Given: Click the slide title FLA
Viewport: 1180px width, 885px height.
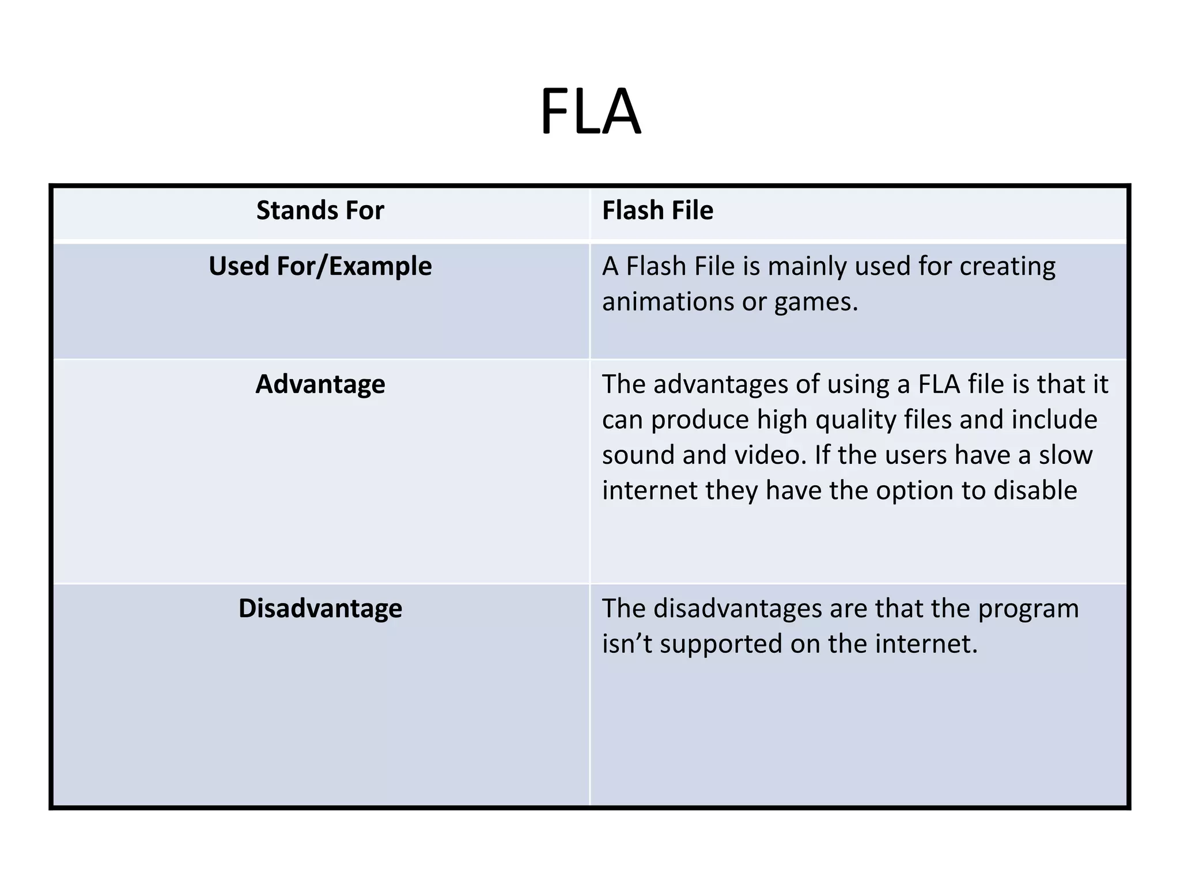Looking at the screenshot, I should (590, 111).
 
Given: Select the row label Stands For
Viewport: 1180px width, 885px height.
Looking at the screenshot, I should (320, 210).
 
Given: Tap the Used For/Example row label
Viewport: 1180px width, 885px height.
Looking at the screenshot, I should (320, 267).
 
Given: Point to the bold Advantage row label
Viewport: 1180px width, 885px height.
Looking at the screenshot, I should (320, 384).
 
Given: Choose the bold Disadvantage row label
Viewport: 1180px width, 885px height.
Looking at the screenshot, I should (320, 608).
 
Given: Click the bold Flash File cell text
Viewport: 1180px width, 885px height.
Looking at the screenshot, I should (657, 210).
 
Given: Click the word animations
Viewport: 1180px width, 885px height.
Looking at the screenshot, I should (668, 302).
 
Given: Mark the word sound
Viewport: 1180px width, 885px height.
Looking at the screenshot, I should (638, 455).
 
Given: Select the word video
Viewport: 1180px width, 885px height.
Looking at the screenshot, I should (769, 455).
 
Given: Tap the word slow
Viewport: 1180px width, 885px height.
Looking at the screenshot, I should (1065, 455).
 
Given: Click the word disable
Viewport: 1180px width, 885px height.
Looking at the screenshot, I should (1035, 490).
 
